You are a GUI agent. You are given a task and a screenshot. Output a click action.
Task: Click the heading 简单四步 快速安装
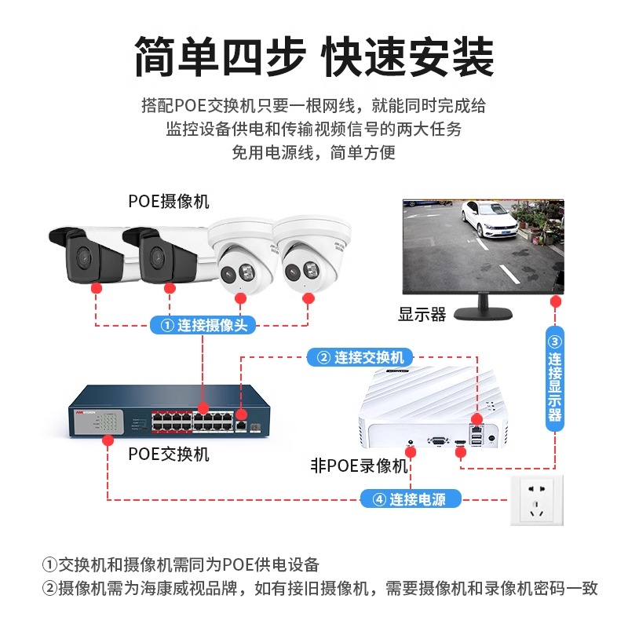tap(314, 57)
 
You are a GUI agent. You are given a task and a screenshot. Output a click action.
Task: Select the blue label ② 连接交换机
tap(361, 357)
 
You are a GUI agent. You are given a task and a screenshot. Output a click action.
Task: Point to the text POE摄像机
tap(169, 201)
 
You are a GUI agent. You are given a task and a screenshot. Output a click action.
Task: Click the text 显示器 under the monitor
tap(422, 315)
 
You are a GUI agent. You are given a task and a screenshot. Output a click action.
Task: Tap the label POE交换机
tap(169, 454)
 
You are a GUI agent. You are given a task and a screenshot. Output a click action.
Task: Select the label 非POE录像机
tap(359, 466)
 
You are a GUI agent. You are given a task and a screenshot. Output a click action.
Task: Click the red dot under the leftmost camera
tap(96, 289)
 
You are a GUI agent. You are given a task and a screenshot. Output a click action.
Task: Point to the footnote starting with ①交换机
tap(181, 564)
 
